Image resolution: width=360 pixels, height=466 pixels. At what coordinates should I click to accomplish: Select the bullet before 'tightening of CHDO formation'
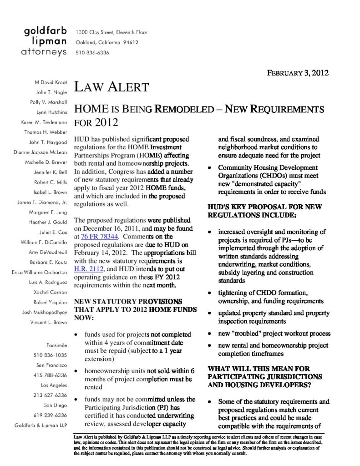click(x=209, y=293)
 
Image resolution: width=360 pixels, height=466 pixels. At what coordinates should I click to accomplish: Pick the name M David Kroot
click(x=51, y=82)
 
